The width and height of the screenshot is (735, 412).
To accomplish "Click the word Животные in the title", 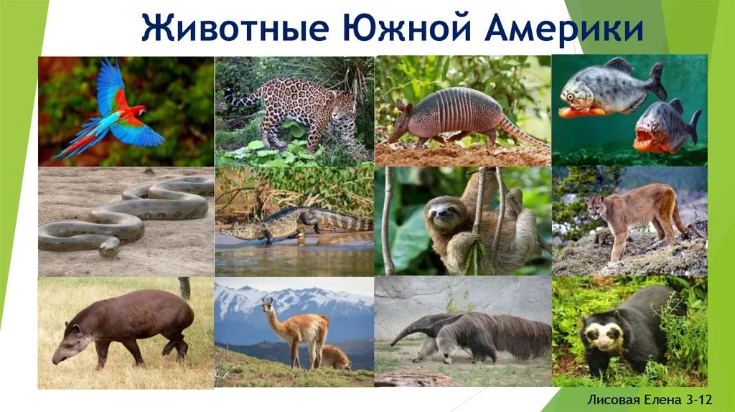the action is point(235,28).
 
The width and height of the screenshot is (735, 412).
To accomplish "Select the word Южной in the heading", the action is point(407,28).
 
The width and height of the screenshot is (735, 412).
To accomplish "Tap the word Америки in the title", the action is point(564,28).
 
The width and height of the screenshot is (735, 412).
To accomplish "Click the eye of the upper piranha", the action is point(570,97).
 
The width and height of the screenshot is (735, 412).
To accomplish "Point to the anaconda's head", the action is point(109,247).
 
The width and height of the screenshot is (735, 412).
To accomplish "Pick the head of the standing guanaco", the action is point(267,304).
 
